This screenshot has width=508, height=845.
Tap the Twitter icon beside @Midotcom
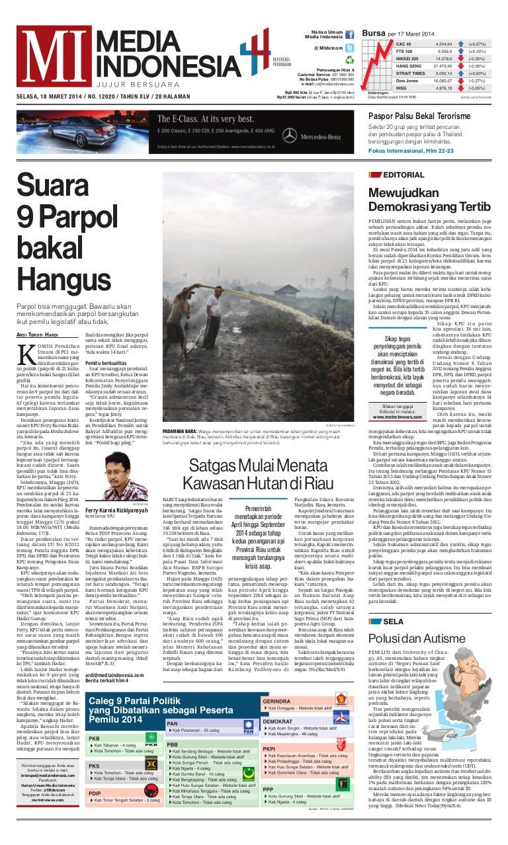click(349, 48)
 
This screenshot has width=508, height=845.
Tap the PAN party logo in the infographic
click(249, 729)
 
